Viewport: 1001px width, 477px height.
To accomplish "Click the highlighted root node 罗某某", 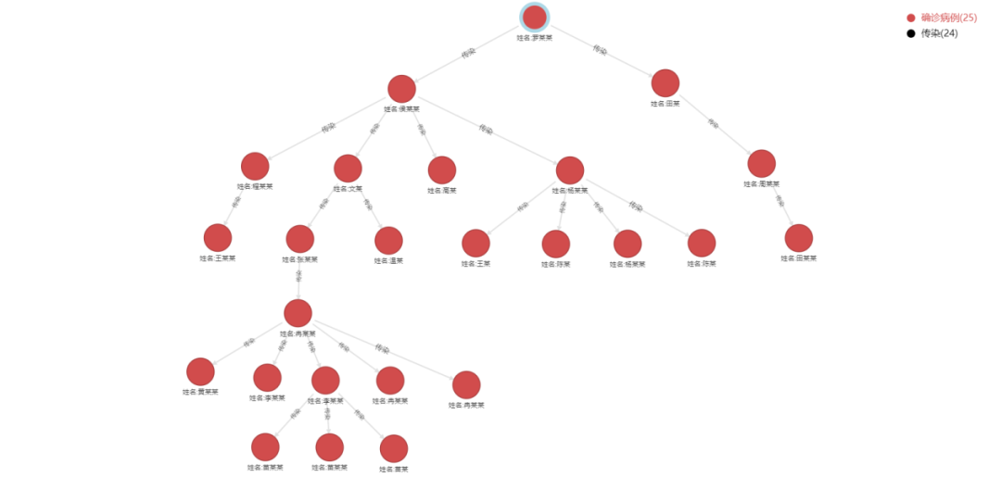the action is point(535,17).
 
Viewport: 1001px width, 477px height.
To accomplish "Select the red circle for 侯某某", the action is point(401,89).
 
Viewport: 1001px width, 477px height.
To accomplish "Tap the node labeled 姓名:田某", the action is point(665,83).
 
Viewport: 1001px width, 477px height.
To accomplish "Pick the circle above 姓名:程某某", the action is point(255,167).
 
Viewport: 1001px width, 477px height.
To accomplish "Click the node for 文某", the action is point(348,169).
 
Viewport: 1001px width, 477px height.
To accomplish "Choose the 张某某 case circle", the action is point(299,239).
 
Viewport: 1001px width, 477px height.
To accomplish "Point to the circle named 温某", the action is point(388,241).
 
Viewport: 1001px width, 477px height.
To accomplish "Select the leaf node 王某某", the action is point(218,238).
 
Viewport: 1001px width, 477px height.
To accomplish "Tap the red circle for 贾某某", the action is point(200,372).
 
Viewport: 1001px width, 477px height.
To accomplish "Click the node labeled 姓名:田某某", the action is point(798,238).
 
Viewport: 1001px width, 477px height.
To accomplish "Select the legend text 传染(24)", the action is point(940,33).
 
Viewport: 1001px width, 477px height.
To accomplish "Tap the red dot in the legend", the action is point(911,18).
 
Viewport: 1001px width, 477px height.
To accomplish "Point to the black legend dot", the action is point(911,33).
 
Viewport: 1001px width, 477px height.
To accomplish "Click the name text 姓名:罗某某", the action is point(535,38).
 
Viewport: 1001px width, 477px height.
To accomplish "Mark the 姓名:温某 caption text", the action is point(388,261).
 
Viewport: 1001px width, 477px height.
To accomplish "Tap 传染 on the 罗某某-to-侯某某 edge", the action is point(468,53).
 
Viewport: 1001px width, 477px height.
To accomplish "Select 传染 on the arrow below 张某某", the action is point(298,275).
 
